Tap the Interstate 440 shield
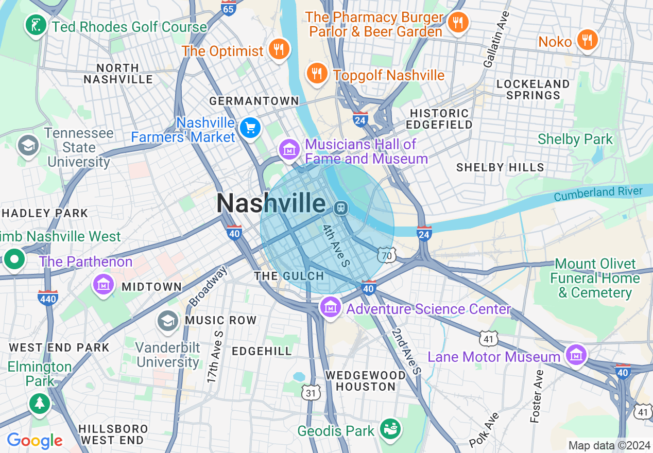coord(48,297)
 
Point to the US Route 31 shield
coord(311,393)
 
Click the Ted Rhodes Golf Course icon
coord(36,26)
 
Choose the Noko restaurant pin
coord(587,40)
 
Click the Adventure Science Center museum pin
coord(330,307)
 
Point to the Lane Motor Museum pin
coord(576,355)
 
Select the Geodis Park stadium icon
coord(390,428)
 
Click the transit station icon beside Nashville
coord(340,208)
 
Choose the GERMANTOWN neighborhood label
coord(254,101)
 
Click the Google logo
coord(35,441)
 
